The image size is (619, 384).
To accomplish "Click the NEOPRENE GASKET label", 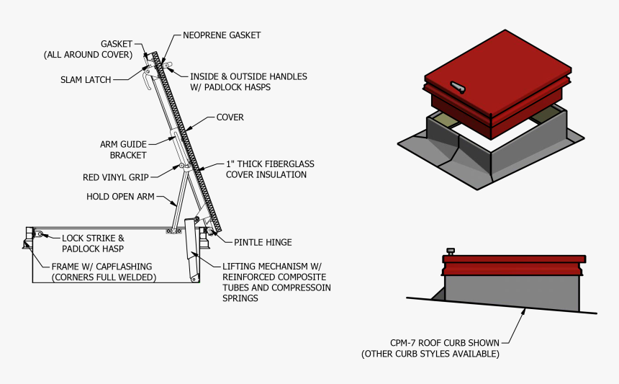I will (221, 35).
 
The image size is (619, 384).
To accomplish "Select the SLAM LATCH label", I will (86, 80).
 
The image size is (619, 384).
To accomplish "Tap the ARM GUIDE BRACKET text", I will (123, 149).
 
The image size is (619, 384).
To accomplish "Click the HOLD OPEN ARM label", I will (120, 196).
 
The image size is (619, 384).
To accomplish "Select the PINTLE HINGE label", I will (263, 242).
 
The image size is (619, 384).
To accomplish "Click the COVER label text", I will (230, 117).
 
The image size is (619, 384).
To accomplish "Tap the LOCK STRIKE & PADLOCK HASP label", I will (93, 243).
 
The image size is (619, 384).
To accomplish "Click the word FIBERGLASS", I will (284, 164).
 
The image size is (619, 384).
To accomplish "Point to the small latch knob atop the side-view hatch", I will (451, 251).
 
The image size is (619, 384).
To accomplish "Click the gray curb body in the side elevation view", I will (511, 292).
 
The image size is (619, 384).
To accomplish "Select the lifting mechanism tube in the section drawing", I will (192, 249).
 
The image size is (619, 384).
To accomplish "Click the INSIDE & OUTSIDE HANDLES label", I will (248, 76).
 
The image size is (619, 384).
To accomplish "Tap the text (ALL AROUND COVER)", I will (88, 55).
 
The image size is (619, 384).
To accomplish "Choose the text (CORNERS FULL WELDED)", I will (104, 277).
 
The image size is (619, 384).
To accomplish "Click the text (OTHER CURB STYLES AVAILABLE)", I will (430, 354).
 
